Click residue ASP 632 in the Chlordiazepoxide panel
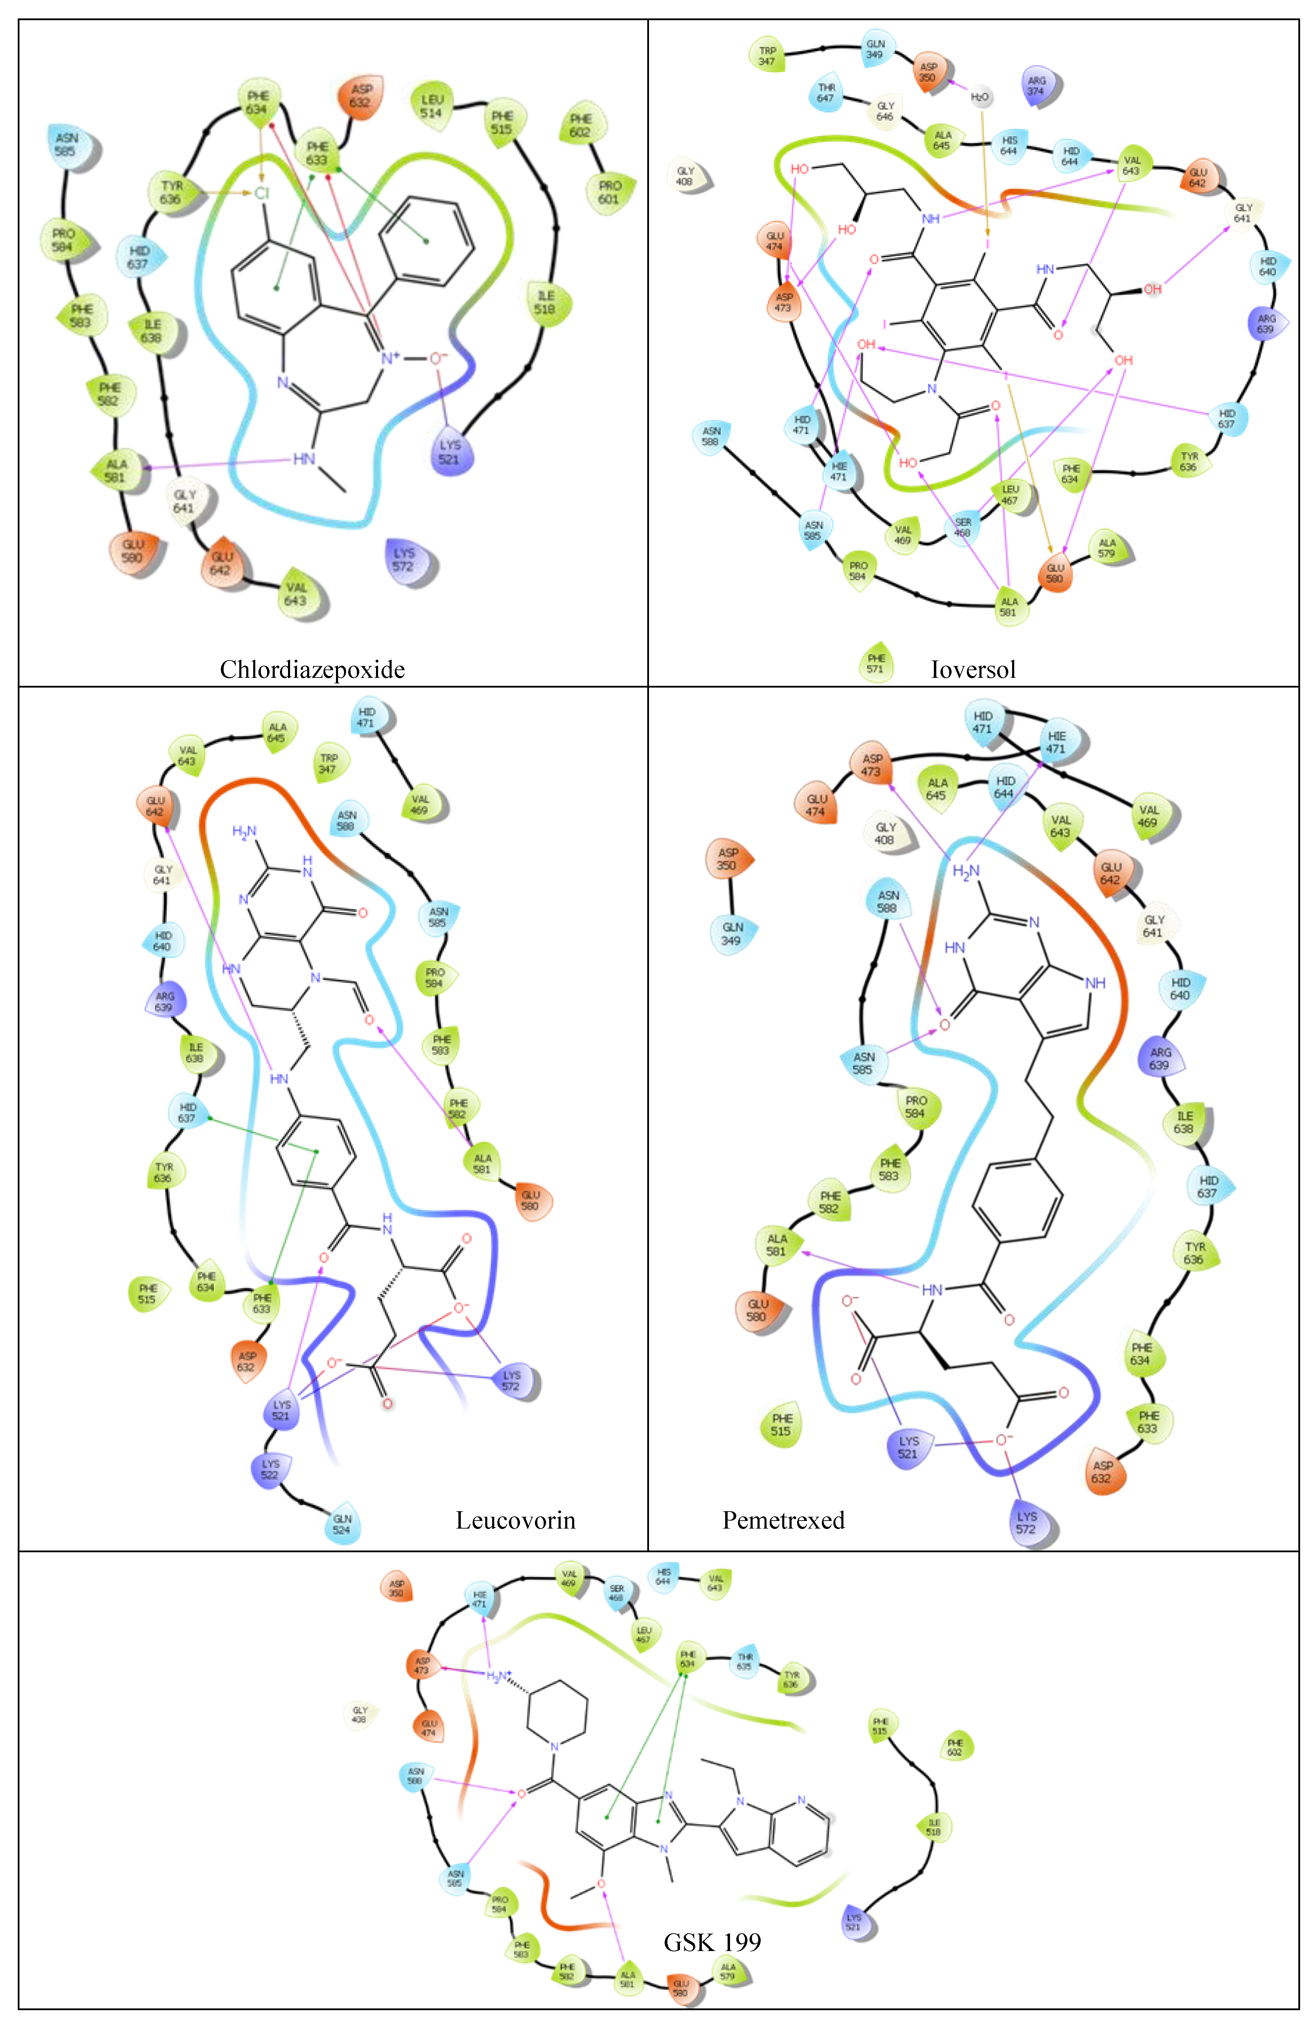pyautogui.click(x=361, y=95)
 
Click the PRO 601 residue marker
pyautogui.click(x=609, y=192)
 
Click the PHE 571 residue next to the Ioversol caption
pyautogui.click(x=876, y=663)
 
